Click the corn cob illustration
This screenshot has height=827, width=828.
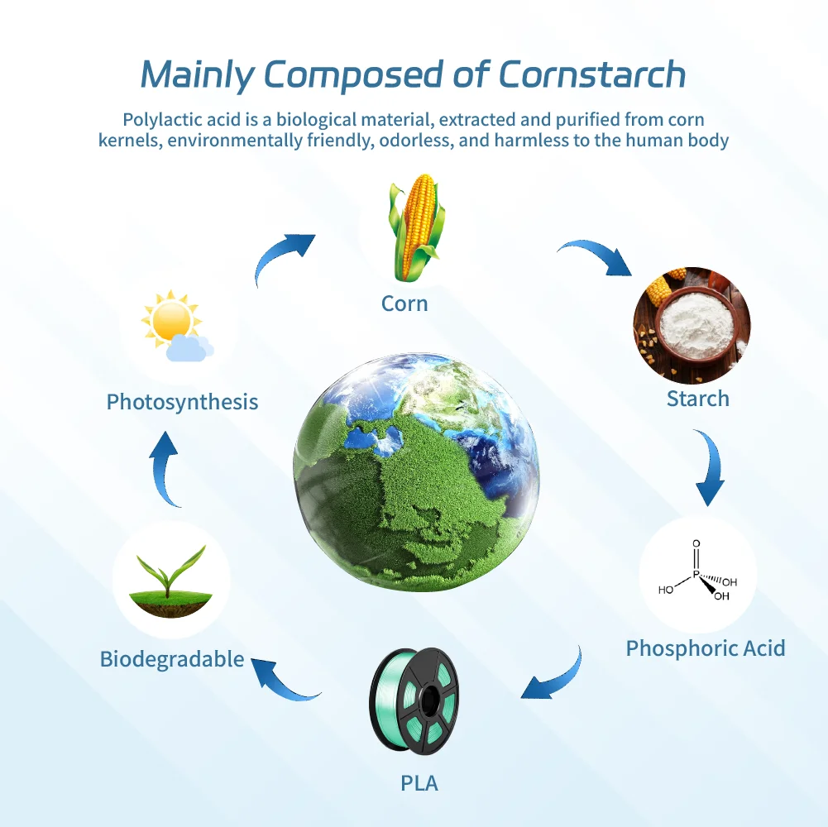(x=416, y=227)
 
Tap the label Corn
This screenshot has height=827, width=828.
(x=404, y=304)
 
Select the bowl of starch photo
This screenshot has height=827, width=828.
(x=692, y=325)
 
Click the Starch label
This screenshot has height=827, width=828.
(x=697, y=399)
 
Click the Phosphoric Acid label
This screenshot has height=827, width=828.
(x=706, y=648)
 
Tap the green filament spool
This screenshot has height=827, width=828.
(x=414, y=700)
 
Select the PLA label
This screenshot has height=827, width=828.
(x=419, y=783)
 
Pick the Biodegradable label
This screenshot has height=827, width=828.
(x=172, y=659)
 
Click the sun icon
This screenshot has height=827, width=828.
(x=170, y=319)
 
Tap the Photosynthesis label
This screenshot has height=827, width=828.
(x=182, y=402)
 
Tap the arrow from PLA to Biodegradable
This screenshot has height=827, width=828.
(x=280, y=684)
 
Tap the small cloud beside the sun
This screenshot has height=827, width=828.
(x=189, y=348)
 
